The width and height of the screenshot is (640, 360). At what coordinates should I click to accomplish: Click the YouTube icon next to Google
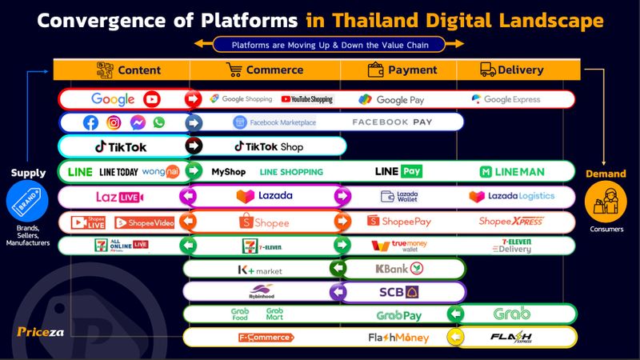point(152,99)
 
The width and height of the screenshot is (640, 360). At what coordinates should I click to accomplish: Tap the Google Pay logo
point(391,100)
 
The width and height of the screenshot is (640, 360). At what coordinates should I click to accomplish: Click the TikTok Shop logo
point(268,146)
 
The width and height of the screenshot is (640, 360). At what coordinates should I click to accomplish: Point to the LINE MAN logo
point(512,171)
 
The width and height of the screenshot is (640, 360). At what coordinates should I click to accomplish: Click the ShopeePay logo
point(399,221)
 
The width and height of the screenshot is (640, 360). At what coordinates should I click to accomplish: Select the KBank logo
point(399,269)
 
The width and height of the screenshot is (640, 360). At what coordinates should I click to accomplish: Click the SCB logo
point(399,292)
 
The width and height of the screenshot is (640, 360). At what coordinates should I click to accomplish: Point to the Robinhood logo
point(262,292)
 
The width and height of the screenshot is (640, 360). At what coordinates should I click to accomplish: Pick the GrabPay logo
point(399,315)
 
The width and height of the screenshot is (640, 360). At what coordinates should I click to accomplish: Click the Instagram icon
point(114,122)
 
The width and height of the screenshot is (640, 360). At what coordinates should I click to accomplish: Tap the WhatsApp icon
point(158,122)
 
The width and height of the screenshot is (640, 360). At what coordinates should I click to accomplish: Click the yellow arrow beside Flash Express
point(456,338)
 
